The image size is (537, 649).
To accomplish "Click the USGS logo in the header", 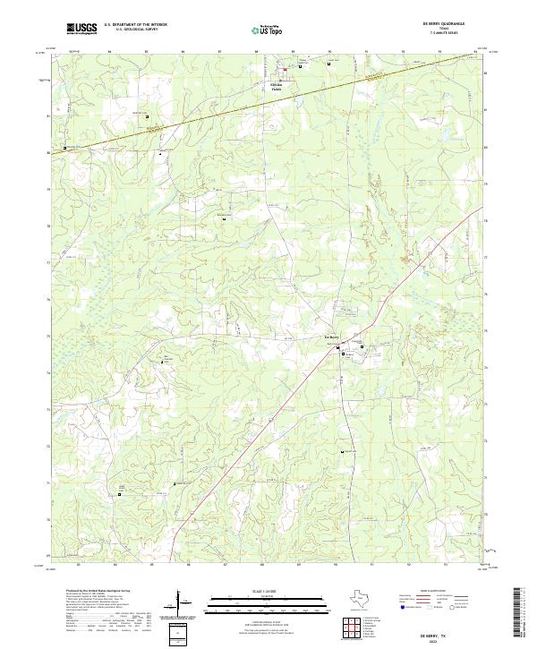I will coord(82,29).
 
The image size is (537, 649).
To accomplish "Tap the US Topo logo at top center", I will coord(268,30).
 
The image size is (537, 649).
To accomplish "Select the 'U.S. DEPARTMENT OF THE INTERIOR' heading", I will coord(135,25).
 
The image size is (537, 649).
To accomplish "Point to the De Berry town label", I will coord(332,337).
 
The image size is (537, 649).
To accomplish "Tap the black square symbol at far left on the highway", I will coord(64,148).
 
